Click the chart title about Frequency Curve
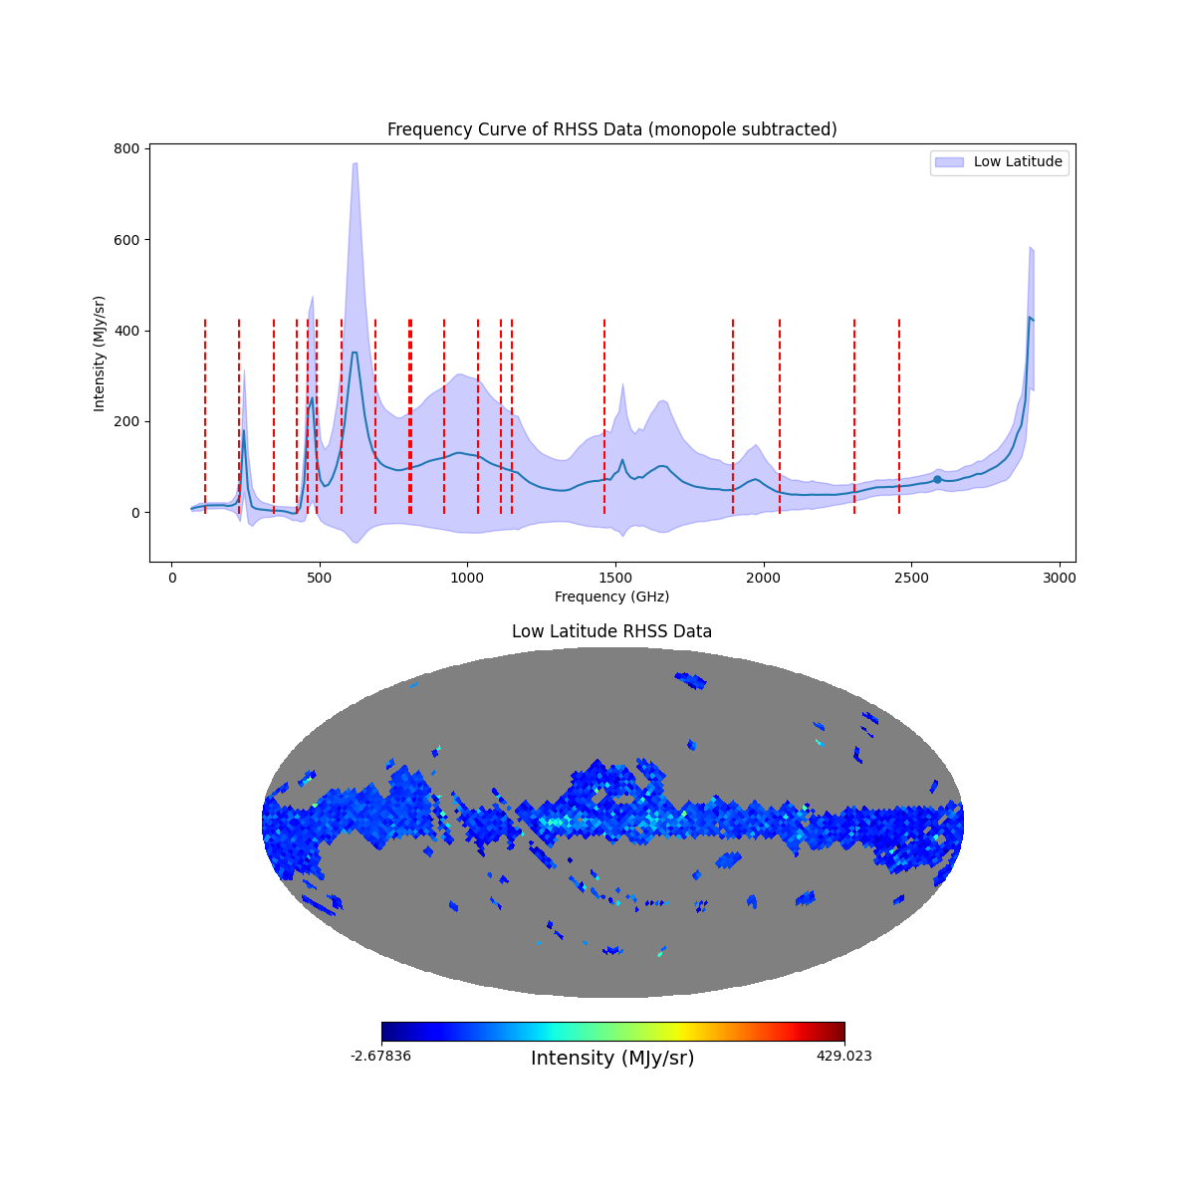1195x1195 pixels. (x=611, y=129)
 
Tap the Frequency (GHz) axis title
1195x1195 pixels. (x=611, y=597)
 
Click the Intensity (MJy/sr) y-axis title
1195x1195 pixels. (x=99, y=354)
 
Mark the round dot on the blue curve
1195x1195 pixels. (x=937, y=479)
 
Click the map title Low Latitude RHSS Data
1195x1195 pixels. (x=611, y=631)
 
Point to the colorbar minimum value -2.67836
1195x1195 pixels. (x=380, y=1056)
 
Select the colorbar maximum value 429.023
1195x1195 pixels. (x=843, y=1056)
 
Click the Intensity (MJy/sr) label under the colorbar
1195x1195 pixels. (x=612, y=1058)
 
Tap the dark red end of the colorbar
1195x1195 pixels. (x=839, y=1032)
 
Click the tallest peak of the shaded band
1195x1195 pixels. (x=354, y=164)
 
